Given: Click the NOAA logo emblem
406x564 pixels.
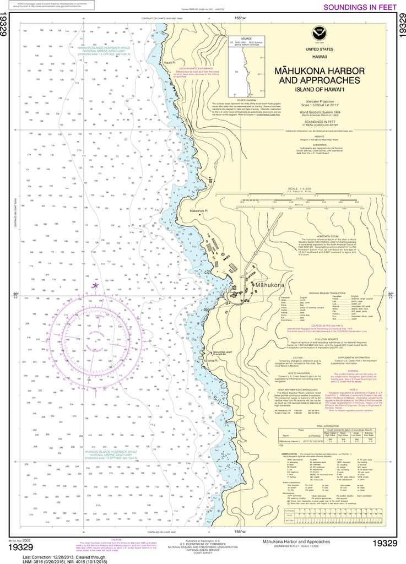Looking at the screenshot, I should [x=318, y=32].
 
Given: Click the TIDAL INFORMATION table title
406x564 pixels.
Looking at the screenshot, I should [x=327, y=425].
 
